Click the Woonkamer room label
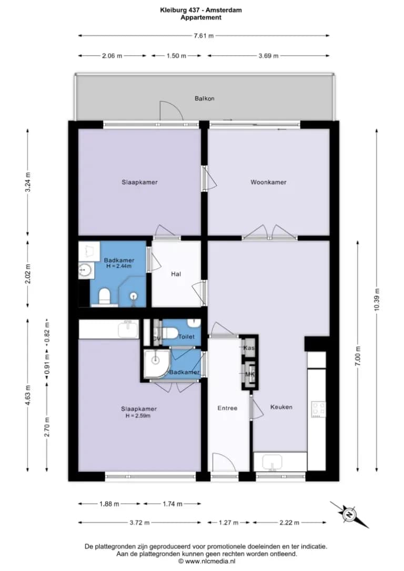coord(268,182)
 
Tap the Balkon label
coord(205,98)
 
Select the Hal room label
coord(176,274)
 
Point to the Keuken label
coord(281,407)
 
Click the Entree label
coord(227,408)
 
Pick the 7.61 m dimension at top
coord(204,36)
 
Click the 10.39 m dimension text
coord(377,299)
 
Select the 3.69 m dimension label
coord(268,56)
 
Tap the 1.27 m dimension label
coord(228,523)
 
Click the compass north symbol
coord(349,515)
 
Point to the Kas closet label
coord(249,348)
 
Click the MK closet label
coord(249,374)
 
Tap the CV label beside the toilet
coord(156,339)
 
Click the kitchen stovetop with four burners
coord(318,409)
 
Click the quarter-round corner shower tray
coord(156,364)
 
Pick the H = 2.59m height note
coord(138,415)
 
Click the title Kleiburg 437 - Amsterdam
coord(201,10)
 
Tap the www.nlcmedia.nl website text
coord(209,561)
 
